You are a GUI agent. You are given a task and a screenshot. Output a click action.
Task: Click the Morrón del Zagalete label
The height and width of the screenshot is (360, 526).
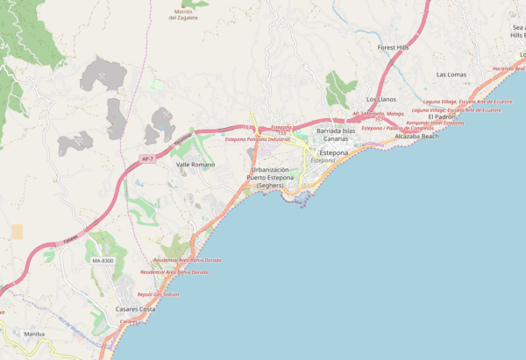coord(184,15)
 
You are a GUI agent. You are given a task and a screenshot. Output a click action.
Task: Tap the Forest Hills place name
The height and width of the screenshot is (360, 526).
coord(394,47)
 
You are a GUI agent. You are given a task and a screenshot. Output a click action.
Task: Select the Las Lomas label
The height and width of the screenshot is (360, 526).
coord(451,75)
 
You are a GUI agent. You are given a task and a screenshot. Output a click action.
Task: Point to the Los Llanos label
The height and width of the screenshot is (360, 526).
coord(381,100)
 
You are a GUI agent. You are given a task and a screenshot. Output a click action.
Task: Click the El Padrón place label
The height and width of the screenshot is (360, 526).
coord(443,116)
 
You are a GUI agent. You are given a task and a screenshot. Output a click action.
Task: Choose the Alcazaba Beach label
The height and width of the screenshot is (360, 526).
coord(416,137)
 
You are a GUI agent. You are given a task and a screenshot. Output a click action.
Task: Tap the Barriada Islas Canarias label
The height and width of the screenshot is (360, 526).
coord(336,135)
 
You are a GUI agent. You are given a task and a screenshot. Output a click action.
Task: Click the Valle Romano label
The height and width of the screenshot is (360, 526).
coord(195,165)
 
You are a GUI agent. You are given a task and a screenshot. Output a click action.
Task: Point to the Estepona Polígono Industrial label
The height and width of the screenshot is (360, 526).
coord(257,139)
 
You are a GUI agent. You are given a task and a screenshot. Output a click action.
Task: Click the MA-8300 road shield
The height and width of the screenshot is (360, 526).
coord(103,261)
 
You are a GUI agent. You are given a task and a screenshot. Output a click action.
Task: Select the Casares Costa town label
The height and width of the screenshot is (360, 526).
coord(136,309)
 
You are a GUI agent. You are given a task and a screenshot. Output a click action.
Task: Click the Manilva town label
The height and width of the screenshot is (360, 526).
coord(34,334)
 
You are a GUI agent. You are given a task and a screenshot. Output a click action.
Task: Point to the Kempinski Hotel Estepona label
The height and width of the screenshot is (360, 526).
coord(435,123)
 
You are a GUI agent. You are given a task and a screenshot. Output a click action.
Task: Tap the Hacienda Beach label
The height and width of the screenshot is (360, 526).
coord(509,68)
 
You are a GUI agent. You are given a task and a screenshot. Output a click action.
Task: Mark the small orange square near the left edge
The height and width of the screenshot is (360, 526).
coord(17,231)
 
